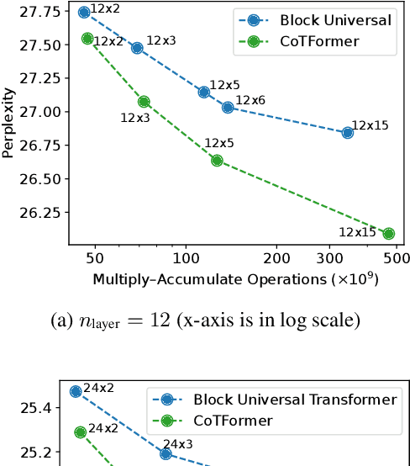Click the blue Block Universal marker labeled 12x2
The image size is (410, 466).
click(84, 13)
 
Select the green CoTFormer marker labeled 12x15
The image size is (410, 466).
click(388, 234)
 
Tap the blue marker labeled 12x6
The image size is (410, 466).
click(228, 108)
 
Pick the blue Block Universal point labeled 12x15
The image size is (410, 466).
click(348, 133)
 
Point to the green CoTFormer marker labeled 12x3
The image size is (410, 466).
click(144, 102)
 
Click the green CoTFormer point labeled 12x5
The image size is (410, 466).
click(217, 160)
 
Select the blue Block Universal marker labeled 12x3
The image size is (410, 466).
click(137, 48)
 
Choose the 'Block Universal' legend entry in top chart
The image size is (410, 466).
click(313, 20)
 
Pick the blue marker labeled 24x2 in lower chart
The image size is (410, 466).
click(76, 391)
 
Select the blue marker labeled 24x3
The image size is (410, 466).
click(166, 453)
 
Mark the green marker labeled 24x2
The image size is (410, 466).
click(81, 432)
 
